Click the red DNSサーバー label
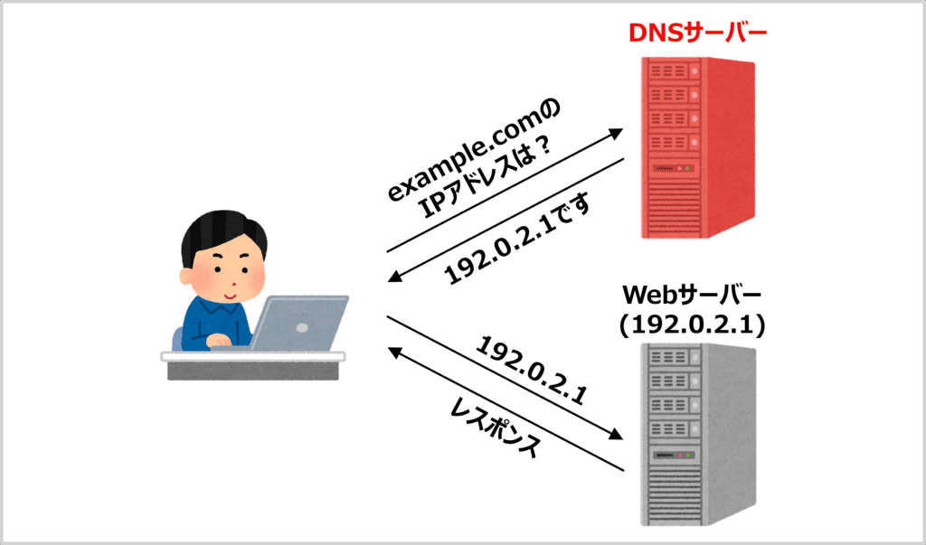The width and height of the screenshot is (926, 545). [697, 35]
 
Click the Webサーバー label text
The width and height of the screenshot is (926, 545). [694, 295]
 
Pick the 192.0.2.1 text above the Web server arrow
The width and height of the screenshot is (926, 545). [533, 371]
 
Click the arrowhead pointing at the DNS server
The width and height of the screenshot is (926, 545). [616, 133]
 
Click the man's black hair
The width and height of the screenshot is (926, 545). [222, 230]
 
